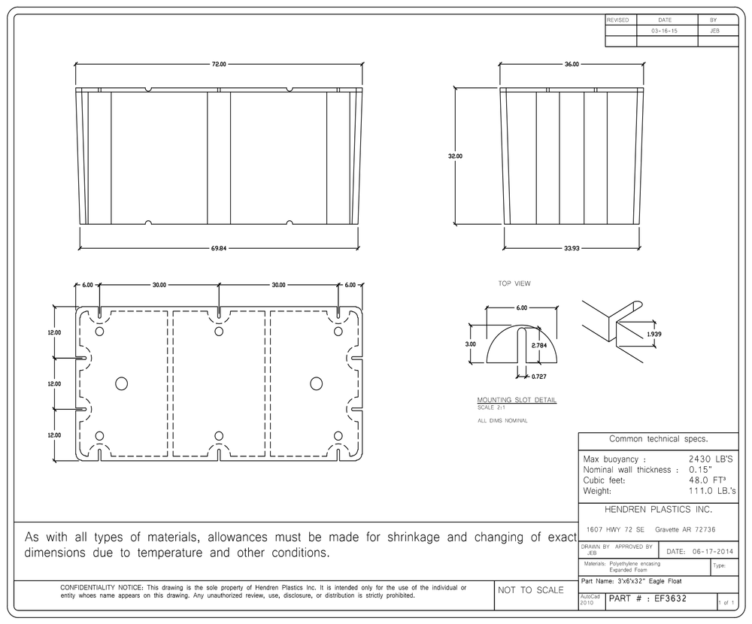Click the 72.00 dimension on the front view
[219, 64]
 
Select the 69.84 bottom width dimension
[219, 248]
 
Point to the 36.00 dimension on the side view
[572, 64]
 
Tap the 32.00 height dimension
[455, 156]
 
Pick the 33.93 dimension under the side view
[572, 248]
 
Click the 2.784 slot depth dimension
[539, 345]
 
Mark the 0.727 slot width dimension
[539, 377]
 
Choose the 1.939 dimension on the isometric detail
[653, 334]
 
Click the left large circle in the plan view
[121, 383]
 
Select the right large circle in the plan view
[316, 383]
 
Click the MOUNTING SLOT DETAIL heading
[517, 399]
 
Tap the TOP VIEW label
[514, 283]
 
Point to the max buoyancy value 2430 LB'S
[711, 459]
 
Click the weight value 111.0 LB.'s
[712, 491]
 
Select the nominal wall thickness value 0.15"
[700, 470]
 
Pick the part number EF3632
[671, 598]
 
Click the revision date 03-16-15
[664, 31]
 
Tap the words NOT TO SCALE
[530, 590]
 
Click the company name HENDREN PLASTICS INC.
[658, 510]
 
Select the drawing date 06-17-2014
[713, 552]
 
